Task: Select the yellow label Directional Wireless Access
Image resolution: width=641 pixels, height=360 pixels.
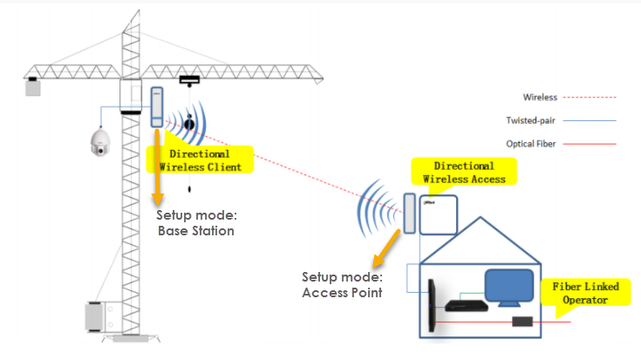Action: [x=464, y=172]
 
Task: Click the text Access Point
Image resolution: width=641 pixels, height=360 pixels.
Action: [x=342, y=292]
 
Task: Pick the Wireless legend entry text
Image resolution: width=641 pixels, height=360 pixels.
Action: [x=540, y=98]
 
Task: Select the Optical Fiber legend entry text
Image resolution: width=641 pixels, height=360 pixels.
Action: [x=532, y=144]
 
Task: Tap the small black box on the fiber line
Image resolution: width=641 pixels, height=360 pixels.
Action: [x=523, y=323]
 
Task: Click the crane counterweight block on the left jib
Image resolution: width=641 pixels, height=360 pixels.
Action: [x=33, y=86]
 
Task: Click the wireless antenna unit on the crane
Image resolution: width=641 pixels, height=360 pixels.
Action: [x=158, y=106]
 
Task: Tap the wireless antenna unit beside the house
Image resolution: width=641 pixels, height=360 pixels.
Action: [x=407, y=214]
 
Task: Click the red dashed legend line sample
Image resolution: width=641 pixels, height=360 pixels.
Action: [x=593, y=98]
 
